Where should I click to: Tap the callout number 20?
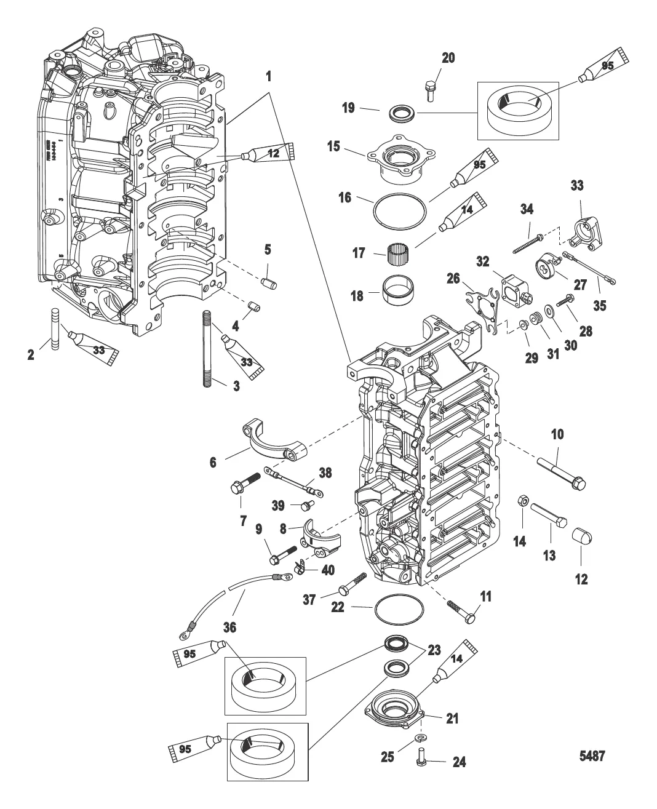(448, 58)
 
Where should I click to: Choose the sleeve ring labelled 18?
(398, 290)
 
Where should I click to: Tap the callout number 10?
(557, 434)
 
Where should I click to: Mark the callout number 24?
(459, 763)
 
